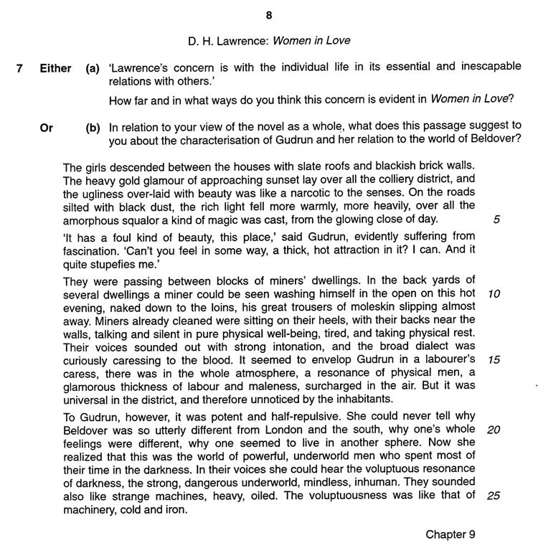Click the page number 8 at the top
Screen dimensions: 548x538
click(268, 14)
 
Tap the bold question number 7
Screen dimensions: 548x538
click(21, 69)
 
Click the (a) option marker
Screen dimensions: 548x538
click(93, 69)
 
